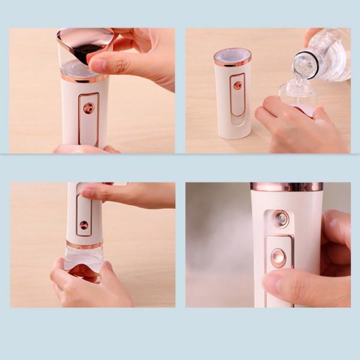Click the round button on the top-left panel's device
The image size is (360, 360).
89,109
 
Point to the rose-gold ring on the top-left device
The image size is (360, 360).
85,77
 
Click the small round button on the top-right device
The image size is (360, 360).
238,85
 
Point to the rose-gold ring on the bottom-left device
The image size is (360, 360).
84,245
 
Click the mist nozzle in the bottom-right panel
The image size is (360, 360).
279,218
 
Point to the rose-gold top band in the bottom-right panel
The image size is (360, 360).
286,187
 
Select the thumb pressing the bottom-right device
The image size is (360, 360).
282,282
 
